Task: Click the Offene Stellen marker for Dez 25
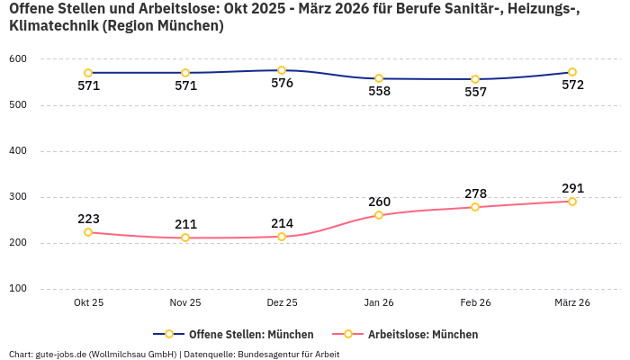pyautogui.click(x=282, y=70)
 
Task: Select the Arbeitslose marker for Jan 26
pyautogui.click(x=379, y=215)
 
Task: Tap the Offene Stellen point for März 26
pyautogui.click(x=572, y=72)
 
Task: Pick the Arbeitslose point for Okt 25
pyautogui.click(x=88, y=232)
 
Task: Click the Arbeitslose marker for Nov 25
pyautogui.click(x=185, y=238)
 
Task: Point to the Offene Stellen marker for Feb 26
pyautogui.click(x=475, y=79)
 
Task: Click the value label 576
pyautogui.click(x=282, y=84)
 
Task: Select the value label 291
pyautogui.click(x=572, y=188)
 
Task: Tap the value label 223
pyautogui.click(x=88, y=219)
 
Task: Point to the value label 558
pyautogui.click(x=379, y=91)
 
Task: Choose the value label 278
pyautogui.click(x=475, y=193)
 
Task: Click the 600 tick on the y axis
pyautogui.click(x=18, y=59)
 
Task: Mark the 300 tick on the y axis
pyautogui.click(x=18, y=197)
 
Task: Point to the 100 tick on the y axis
pyautogui.click(x=18, y=289)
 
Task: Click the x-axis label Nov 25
pyautogui.click(x=185, y=303)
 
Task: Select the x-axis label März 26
pyautogui.click(x=572, y=303)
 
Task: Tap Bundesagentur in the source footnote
pyautogui.click(x=271, y=354)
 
